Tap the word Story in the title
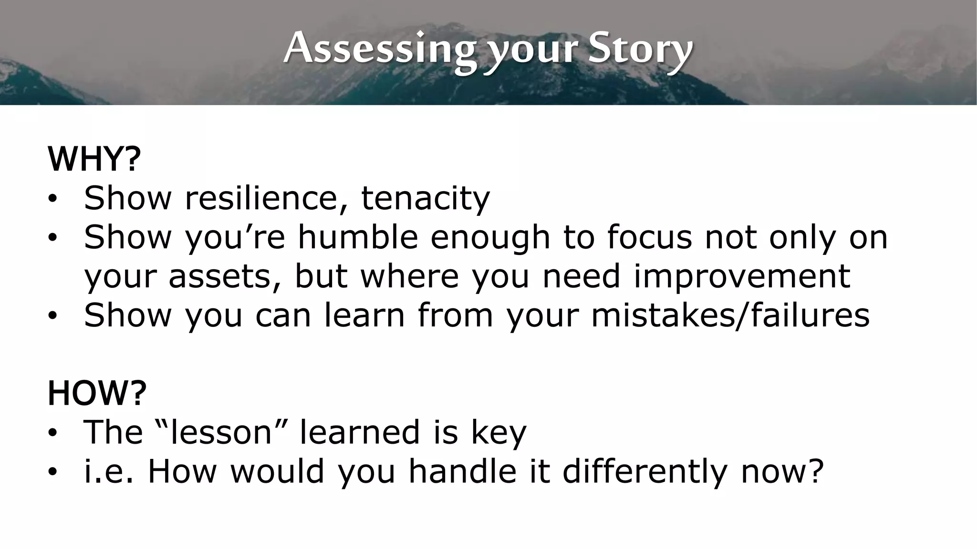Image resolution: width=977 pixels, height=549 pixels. point(640,49)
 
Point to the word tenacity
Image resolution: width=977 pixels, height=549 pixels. point(425,198)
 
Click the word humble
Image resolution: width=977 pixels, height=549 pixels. point(358,237)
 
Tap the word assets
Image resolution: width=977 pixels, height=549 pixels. point(224,276)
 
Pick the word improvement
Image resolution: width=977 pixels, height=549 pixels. point(742,276)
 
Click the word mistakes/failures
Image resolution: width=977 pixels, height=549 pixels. point(730,315)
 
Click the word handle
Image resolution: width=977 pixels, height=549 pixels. point(462,471)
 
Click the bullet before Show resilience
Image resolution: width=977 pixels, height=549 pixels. point(52,199)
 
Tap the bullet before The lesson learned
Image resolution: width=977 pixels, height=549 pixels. point(52,433)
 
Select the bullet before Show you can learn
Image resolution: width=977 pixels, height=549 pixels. point(52,316)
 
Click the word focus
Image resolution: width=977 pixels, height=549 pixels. point(649,237)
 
